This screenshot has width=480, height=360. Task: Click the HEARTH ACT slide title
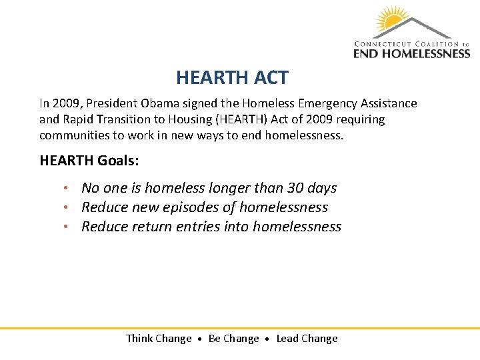232,78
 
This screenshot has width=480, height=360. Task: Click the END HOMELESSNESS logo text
411,52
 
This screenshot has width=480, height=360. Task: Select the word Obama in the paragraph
158,103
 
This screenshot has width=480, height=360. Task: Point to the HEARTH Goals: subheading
89,161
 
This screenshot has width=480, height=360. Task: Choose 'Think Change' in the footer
159,339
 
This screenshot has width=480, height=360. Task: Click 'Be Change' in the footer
233,339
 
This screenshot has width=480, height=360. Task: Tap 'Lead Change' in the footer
307,339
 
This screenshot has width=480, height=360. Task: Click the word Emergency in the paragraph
328,103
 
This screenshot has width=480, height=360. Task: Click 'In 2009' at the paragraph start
55,103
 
